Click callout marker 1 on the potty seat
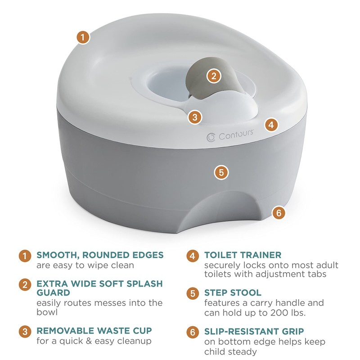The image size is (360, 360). coord(83,37)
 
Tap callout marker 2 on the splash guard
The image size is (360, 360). coord(214,75)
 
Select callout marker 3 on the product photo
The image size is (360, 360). coord(194,117)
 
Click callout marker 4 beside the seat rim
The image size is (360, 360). coord(270,125)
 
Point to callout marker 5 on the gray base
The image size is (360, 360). coord(220,172)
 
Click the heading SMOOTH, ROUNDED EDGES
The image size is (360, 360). coord(100,255)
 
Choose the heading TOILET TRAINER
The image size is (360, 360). coord(243,255)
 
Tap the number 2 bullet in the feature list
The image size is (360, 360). coord(25,284)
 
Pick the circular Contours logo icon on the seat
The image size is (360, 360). coord(210,136)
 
